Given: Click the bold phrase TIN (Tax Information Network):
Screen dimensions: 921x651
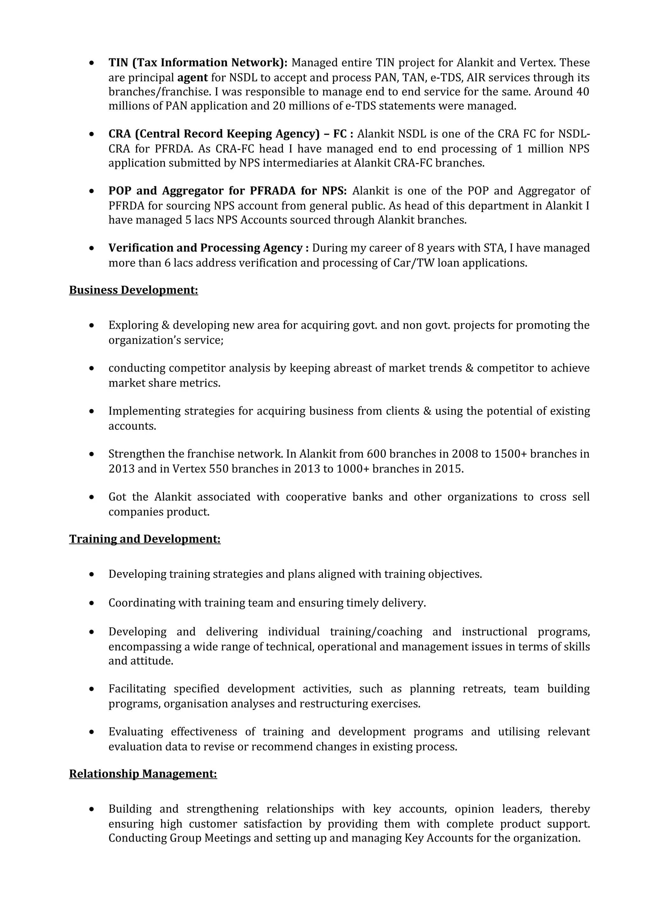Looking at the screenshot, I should coord(198,63).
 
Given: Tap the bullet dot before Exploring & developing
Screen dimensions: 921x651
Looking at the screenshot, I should coord(92,325).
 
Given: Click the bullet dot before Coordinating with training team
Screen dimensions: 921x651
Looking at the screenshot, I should coord(92,603).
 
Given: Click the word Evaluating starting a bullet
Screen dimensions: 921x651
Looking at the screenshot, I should coord(136,731).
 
